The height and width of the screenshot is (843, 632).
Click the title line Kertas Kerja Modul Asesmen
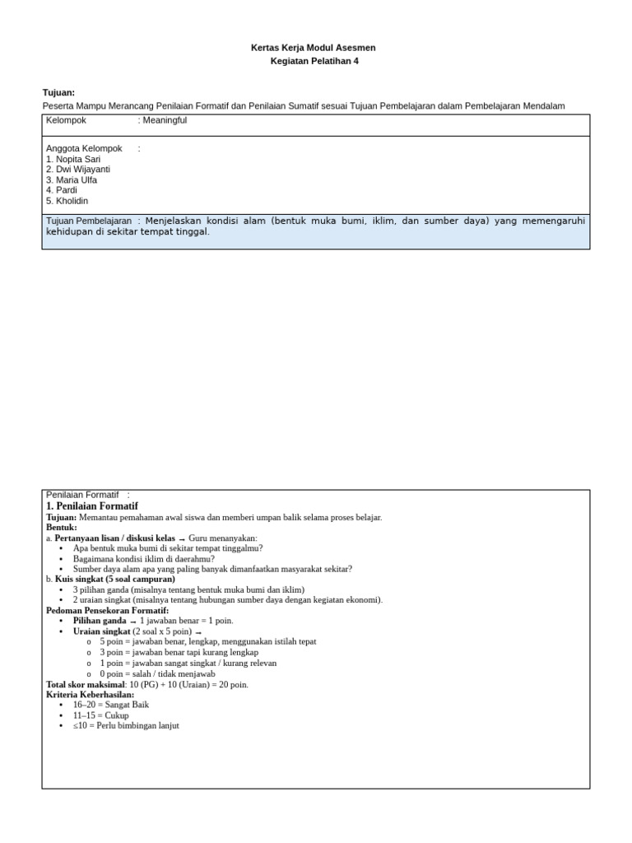pyautogui.click(x=313, y=48)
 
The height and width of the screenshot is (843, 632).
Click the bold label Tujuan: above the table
pyautogui.click(x=58, y=93)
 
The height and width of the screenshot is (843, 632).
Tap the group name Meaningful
pyautogui.click(x=165, y=120)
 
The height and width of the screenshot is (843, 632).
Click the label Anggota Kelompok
pyautogui.click(x=84, y=148)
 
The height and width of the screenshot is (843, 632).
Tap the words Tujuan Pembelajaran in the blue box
pyautogui.click(x=89, y=221)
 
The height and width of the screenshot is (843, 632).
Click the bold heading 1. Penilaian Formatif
pyautogui.click(x=92, y=505)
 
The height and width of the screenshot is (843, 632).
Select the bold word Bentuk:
pyautogui.click(x=62, y=527)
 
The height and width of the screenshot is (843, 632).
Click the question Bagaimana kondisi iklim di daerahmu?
pyautogui.click(x=144, y=558)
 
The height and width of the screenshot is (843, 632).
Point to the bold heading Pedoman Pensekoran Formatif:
pyautogui.click(x=107, y=610)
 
